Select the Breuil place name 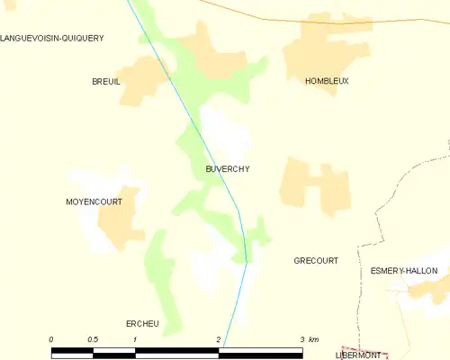tap(106, 81)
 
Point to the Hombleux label tap(327, 81)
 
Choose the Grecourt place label tap(316, 261)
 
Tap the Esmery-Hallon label tap(403, 270)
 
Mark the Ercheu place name tap(142, 323)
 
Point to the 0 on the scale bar tap(51, 339)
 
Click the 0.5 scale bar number tap(93, 339)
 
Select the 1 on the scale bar tap(134, 339)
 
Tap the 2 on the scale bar tap(219, 339)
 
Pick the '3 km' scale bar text tap(308, 339)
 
